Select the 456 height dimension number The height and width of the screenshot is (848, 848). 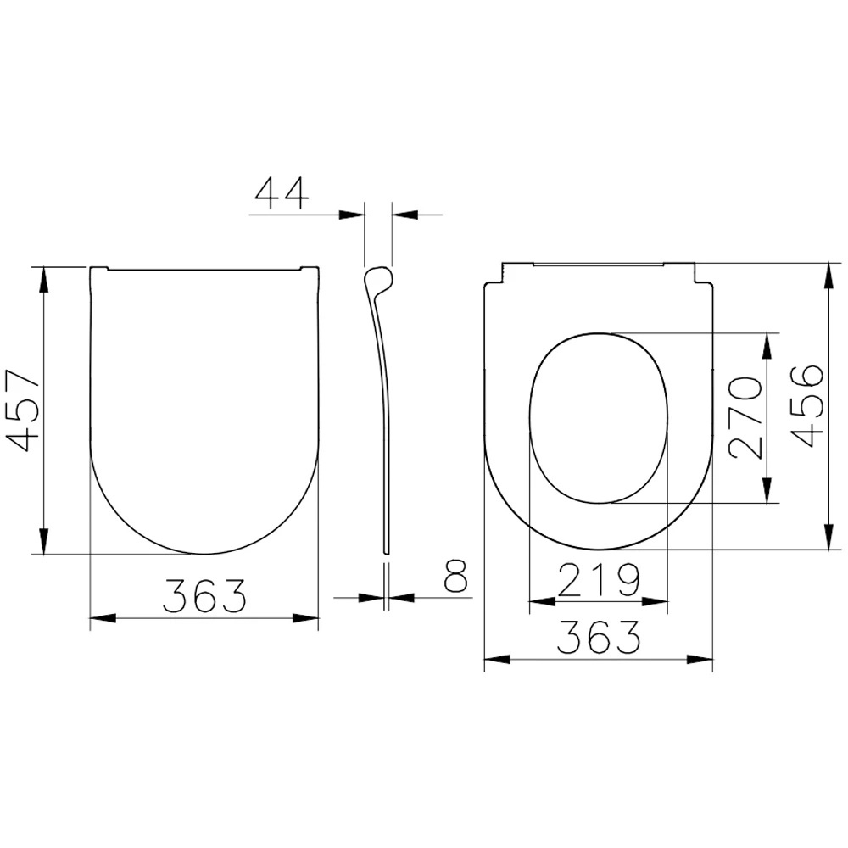(x=805, y=405)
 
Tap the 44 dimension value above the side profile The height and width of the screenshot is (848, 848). (x=282, y=194)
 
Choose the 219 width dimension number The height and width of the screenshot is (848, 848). (x=599, y=580)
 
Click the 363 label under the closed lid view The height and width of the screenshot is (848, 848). (x=204, y=596)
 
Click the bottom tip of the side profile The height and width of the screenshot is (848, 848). (x=388, y=552)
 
